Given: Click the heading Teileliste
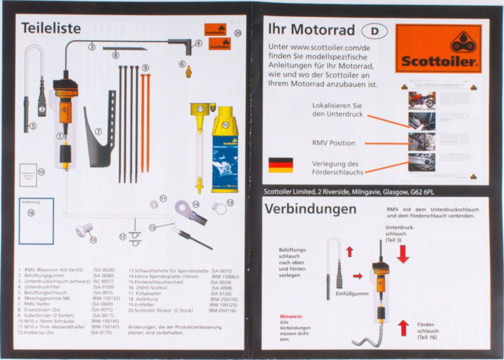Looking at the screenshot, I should tap(51, 29).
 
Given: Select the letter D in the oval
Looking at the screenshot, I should tap(374, 31).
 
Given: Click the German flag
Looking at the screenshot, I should tap(280, 165).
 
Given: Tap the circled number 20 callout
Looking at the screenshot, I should tap(238, 33).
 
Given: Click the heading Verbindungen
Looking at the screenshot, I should tap(310, 209).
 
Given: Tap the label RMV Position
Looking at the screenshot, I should tap(333, 143).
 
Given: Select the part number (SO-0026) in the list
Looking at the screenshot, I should tap(104, 270).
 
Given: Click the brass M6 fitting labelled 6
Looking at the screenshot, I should tap(189, 71).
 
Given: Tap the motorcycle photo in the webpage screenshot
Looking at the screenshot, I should tap(422, 100).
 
